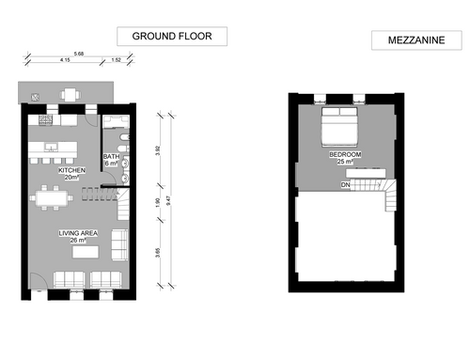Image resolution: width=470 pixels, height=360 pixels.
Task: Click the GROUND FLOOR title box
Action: coord(172,37)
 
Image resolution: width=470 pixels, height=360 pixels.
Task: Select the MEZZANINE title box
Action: coord(416,40)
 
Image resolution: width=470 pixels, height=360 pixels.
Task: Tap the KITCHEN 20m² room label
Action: coord(71,174)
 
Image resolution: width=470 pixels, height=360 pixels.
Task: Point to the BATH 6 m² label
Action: coord(111,160)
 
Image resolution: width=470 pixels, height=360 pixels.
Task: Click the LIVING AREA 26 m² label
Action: coord(78,237)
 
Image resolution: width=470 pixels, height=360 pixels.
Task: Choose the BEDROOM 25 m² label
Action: coord(345,158)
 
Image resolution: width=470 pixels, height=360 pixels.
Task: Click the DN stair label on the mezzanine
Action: coord(345,185)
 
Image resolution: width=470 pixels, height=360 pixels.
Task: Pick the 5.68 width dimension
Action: coord(79,54)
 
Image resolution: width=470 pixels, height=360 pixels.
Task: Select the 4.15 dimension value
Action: coord(65,59)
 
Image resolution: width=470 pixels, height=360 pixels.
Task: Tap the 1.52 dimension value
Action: coord(116,59)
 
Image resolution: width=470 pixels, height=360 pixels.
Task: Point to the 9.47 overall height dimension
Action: coord(168,200)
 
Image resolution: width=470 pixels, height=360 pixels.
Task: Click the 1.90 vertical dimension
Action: coord(158,202)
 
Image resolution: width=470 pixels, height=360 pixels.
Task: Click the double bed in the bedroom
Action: coord(339,127)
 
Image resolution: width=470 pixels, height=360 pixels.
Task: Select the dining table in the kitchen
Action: coord(52,198)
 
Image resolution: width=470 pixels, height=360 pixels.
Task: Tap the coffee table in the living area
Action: coord(86,252)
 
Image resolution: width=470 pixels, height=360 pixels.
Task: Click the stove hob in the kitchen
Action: coord(46,119)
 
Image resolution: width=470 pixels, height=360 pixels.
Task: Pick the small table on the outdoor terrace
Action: coord(70,95)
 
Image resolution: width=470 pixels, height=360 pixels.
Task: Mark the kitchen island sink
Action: coord(51,147)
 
